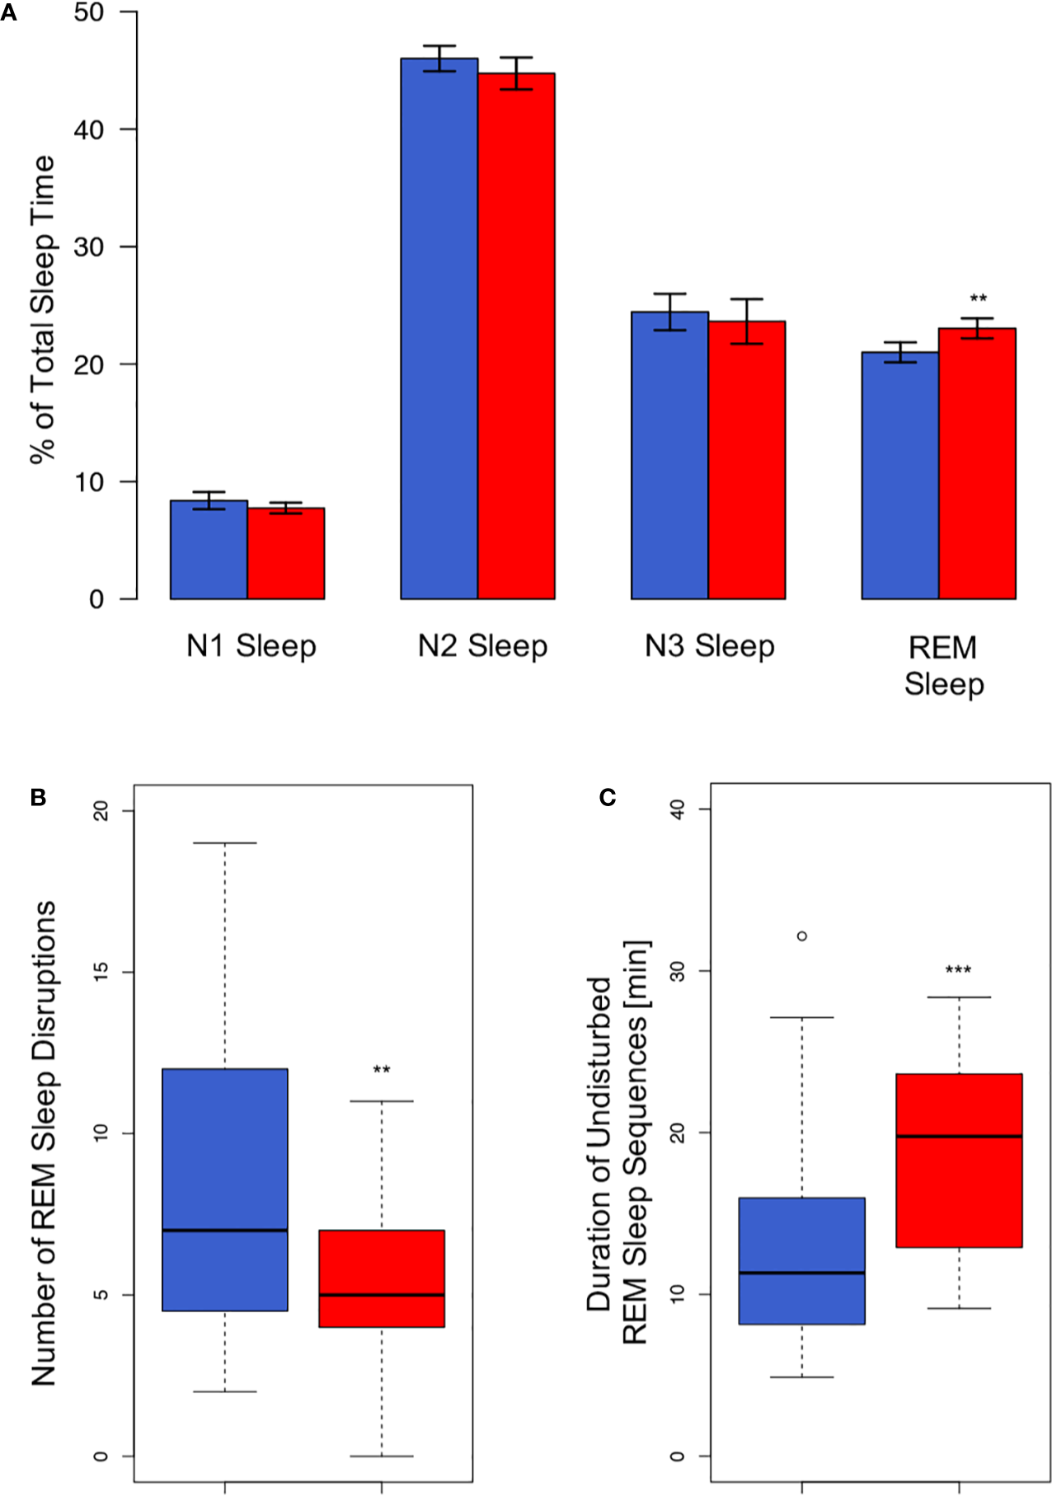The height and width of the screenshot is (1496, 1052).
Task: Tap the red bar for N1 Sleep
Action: coord(286,553)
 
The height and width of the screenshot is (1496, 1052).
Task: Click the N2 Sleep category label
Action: coord(482,646)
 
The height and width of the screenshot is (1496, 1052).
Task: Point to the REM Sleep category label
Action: coord(943,665)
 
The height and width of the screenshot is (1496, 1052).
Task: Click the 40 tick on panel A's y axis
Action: coord(89,129)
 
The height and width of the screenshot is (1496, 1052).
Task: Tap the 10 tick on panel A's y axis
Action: coord(89,482)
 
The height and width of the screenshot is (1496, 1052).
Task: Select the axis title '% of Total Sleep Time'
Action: coord(43,309)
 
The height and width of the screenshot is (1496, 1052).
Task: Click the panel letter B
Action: coord(38,797)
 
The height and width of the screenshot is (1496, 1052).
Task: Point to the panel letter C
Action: coord(608,797)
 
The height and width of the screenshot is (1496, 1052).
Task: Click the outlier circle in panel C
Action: coord(802,936)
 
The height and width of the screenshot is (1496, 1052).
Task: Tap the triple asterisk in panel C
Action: coord(958,970)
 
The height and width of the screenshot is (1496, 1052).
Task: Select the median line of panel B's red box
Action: coord(382,1295)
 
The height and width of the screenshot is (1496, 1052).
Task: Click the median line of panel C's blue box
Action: coord(802,1273)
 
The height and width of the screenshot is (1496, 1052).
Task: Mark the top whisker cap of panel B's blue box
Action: coord(225,843)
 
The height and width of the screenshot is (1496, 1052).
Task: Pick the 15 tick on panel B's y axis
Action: coord(101,972)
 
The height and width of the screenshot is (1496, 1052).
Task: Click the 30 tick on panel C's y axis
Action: coord(678,971)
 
